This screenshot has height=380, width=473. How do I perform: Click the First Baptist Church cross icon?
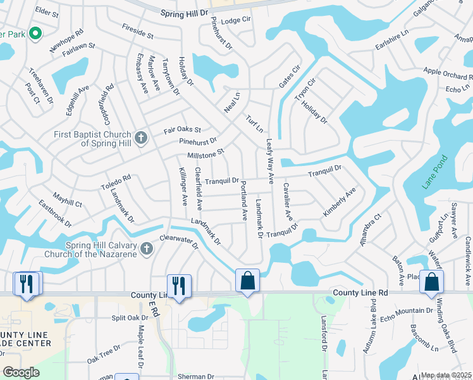[x=141, y=137]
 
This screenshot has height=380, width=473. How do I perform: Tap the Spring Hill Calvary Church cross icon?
[x=147, y=248]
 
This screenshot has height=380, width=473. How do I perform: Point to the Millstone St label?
[x=206, y=155]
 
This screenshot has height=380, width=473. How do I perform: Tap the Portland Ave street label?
[x=243, y=200]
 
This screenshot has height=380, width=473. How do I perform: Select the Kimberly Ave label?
[x=340, y=202]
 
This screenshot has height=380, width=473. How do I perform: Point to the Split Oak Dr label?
[x=130, y=318]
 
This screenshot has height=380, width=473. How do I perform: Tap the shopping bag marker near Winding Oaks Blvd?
[x=431, y=281]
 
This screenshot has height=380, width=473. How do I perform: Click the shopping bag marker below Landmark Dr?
[x=248, y=280]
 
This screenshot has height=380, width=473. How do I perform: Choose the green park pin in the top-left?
[x=35, y=33]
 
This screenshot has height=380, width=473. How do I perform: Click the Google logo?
[x=21, y=372]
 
